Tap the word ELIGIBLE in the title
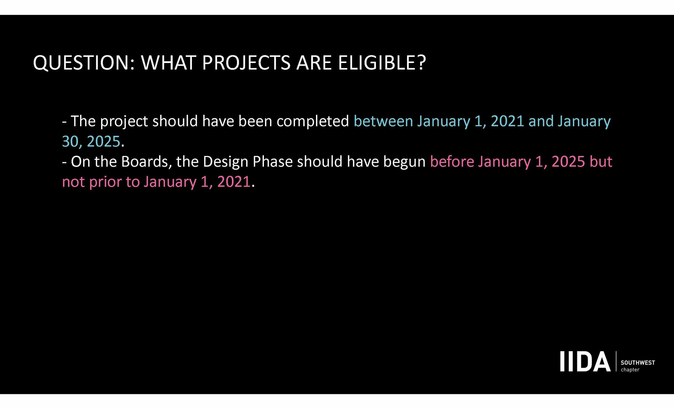click(382, 63)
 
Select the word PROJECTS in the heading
click(246, 63)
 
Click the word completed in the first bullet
click(313, 121)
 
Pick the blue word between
click(383, 121)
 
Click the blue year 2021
click(507, 121)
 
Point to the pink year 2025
click(568, 162)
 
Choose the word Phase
click(273, 162)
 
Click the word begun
click(404, 162)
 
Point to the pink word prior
click(105, 182)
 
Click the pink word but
click(601, 162)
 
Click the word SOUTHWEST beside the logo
click(638, 363)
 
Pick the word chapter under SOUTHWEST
click(630, 370)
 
